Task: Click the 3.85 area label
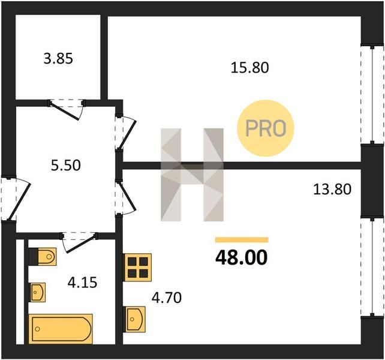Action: (x=58, y=59)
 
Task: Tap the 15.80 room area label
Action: (x=250, y=68)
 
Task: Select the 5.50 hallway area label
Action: (x=66, y=166)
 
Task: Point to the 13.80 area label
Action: (x=332, y=190)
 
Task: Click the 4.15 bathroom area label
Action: (x=83, y=283)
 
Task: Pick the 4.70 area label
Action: (x=167, y=298)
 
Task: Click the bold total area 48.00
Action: (x=241, y=258)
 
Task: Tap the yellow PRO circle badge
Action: (x=266, y=128)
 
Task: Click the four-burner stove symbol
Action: (x=137, y=268)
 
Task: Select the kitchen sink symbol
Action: (x=135, y=319)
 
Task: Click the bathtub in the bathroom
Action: (x=61, y=329)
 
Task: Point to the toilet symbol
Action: (x=43, y=257)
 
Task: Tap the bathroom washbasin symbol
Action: (x=38, y=292)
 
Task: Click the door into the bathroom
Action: (x=80, y=242)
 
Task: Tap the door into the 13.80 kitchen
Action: (x=125, y=198)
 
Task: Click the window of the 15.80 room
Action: (x=372, y=94)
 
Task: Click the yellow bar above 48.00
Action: (x=242, y=240)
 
